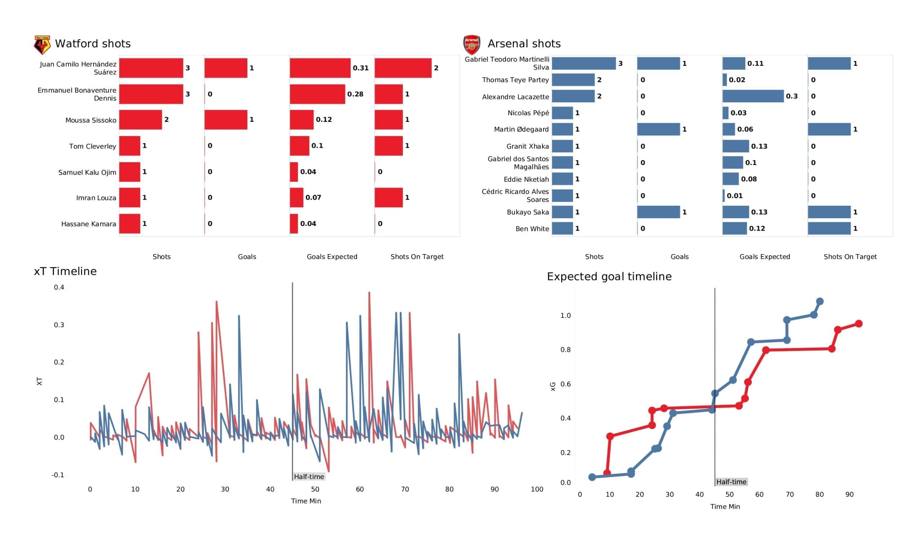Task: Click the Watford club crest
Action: click(42, 45)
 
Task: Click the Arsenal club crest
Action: click(471, 45)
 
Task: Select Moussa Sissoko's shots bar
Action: click(140, 120)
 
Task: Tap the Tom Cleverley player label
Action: click(93, 146)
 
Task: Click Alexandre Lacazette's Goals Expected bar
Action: click(753, 96)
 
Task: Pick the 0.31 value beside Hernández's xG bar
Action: click(361, 68)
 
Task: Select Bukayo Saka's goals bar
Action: click(659, 212)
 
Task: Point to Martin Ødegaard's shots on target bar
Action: click(829, 129)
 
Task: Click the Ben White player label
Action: click(532, 229)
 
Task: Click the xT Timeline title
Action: click(65, 271)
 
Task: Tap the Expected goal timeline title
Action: click(609, 276)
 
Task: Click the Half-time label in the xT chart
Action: click(309, 476)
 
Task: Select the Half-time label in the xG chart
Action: click(731, 482)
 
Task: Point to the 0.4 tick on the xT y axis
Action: click(59, 287)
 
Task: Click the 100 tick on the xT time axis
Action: click(537, 489)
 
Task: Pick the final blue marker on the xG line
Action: click(820, 301)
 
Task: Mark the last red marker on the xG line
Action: click(859, 324)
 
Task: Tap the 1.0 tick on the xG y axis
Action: click(566, 315)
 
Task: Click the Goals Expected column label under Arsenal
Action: click(765, 257)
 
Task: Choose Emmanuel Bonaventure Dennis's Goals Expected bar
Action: click(318, 94)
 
